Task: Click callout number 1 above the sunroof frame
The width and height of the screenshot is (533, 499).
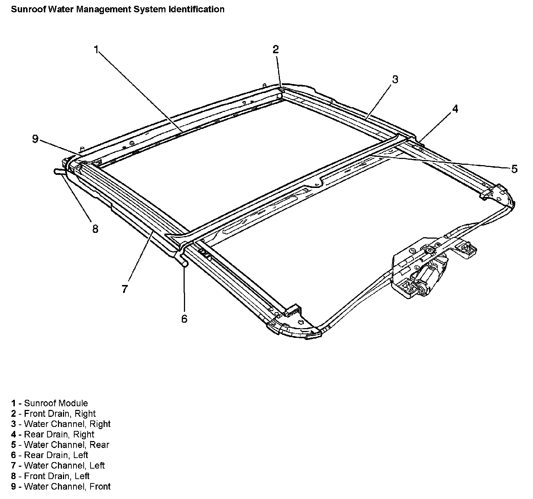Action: [96, 49]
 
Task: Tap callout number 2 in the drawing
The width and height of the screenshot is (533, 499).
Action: [276, 49]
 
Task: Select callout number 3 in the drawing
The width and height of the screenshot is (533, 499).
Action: [395, 79]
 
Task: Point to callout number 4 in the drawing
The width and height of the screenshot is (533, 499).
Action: [455, 108]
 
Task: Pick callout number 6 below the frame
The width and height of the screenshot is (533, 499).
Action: [184, 319]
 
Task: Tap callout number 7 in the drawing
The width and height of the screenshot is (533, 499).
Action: [125, 289]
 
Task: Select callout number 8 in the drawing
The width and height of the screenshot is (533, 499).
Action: [95, 229]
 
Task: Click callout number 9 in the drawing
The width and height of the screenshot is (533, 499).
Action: [35, 139]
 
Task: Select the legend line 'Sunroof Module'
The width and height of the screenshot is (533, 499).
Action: [49, 403]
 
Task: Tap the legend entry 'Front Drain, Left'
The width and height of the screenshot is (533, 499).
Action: [50, 476]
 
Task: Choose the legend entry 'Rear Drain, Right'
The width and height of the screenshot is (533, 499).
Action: [53, 434]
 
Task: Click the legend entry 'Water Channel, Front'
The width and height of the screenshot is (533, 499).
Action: [60, 486]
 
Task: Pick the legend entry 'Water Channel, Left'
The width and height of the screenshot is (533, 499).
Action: [58, 465]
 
